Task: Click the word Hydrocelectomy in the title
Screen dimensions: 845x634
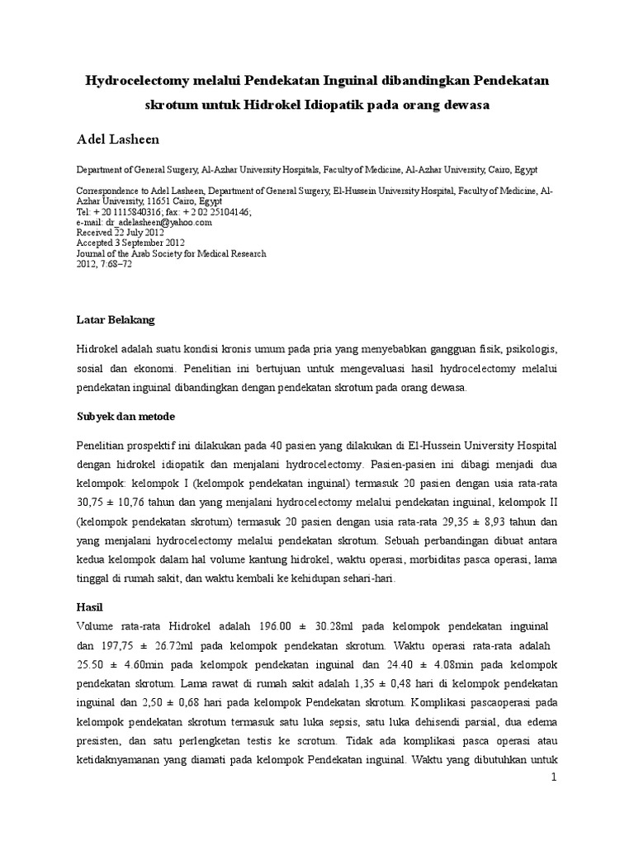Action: coord(133,81)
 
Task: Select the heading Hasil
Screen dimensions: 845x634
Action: coord(88,606)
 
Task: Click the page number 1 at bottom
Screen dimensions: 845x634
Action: coord(556,778)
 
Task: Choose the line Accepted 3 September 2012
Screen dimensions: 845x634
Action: coord(130,243)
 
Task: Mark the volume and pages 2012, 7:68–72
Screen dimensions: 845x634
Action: coord(103,265)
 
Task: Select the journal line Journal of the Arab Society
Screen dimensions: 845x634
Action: coord(171,254)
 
